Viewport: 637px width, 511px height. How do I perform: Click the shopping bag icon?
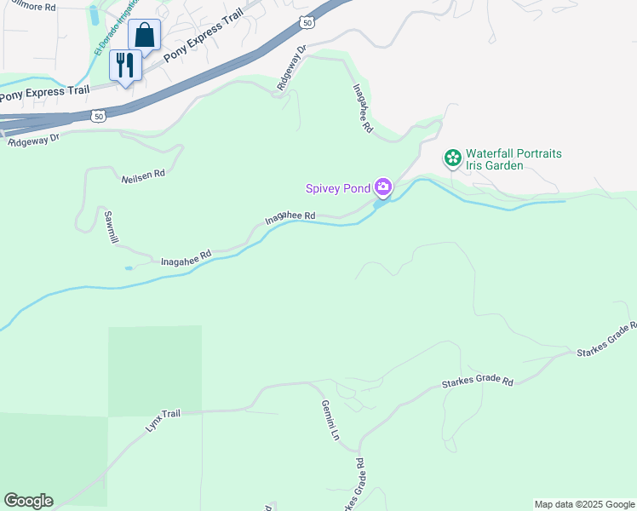click(145, 36)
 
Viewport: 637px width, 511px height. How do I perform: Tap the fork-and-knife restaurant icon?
click(125, 65)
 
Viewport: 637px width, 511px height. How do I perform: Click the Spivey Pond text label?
click(340, 187)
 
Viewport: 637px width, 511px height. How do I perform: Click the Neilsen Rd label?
click(143, 174)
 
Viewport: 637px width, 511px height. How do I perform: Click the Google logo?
click(28, 501)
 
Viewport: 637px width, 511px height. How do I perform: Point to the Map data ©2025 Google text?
click(584, 504)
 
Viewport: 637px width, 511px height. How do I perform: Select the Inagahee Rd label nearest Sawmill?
click(186, 256)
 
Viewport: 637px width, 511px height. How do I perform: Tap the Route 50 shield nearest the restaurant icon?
click(100, 114)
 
